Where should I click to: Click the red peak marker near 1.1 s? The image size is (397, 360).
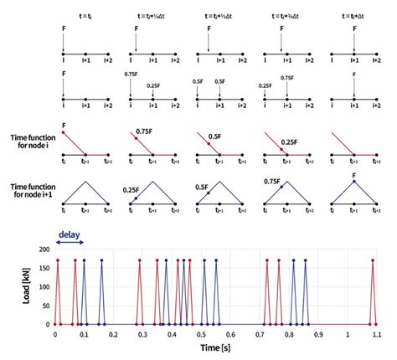click(x=373, y=261)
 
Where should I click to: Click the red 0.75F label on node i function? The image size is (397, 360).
click(x=147, y=131)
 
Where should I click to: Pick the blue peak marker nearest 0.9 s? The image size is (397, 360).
click(x=306, y=261)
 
